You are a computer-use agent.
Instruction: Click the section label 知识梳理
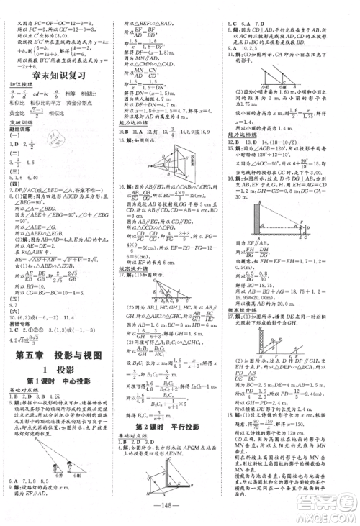[x=18, y=83]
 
